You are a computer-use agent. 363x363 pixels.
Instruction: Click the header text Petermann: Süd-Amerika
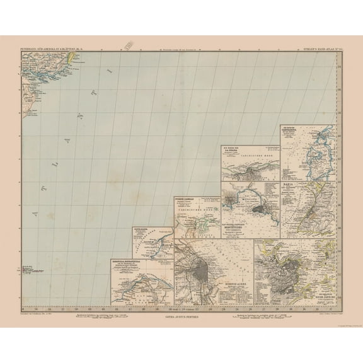(48, 47)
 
